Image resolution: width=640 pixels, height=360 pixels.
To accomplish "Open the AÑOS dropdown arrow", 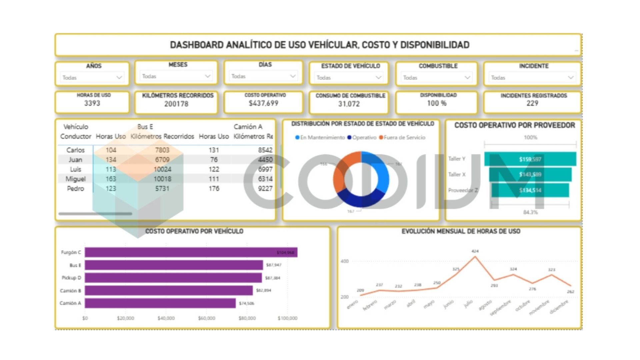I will click(119, 77).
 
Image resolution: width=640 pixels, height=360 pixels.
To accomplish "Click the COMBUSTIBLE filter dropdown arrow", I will click(467, 77).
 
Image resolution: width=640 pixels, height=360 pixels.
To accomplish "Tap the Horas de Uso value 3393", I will click(92, 103).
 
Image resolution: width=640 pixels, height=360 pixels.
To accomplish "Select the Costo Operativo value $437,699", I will click(263, 103).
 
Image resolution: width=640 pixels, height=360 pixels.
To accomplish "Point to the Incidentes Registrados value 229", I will click(532, 103).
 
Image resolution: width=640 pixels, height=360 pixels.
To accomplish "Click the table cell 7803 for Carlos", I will click(162, 150).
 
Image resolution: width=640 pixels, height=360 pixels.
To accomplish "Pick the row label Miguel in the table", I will click(75, 179).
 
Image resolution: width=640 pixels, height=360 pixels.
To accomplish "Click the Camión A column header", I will click(248, 127).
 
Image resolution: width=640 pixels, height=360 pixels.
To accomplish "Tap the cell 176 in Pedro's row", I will click(214, 189).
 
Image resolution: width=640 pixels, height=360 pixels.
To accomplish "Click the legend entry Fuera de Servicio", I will click(404, 137).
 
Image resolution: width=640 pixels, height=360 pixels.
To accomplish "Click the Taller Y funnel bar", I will click(530, 159).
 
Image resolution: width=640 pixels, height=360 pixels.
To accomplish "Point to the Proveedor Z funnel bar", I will click(530, 190).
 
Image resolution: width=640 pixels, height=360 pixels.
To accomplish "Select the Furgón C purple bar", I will click(191, 252).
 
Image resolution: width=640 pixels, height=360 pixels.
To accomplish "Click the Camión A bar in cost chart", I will click(160, 303).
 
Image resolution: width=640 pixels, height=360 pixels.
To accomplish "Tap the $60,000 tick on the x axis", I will click(206, 318).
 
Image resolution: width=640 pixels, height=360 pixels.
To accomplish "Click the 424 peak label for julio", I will click(475, 251).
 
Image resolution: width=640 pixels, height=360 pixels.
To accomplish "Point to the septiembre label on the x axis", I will click(501, 308).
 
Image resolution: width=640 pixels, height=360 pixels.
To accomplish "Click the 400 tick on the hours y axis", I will click(344, 261).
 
